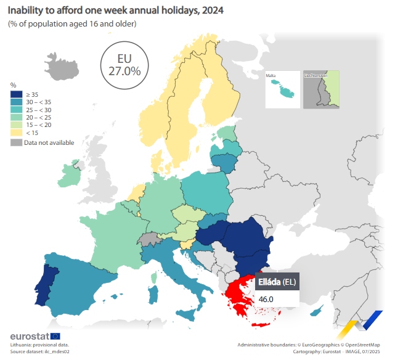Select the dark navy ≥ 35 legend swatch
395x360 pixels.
pyautogui.click(x=16, y=94)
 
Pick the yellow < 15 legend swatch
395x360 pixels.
pyautogui.click(x=16, y=132)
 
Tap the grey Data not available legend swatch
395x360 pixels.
pyautogui.click(x=16, y=142)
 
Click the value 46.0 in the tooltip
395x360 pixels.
pyautogui.click(x=266, y=299)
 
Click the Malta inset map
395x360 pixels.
pyautogui.click(x=282, y=90)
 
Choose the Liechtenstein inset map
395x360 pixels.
pyautogui.click(x=321, y=90)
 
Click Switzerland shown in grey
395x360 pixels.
pyautogui.click(x=147, y=239)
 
